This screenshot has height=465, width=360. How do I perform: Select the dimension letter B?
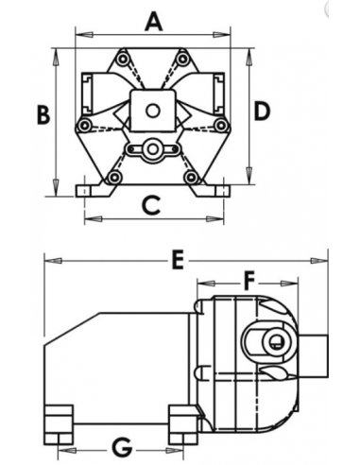click(43, 114)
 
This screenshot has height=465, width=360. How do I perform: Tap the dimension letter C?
click(151, 205)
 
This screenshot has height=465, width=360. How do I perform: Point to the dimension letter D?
click(262, 112)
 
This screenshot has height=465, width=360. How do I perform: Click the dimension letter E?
click(179, 260)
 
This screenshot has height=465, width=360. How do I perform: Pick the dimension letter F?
click(249, 282)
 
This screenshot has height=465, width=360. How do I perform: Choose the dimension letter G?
click(122, 448)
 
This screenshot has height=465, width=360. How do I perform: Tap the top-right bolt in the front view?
click(182, 59)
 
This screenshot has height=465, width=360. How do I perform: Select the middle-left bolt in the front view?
click(84, 126)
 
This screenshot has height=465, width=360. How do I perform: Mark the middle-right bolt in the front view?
click(221, 126)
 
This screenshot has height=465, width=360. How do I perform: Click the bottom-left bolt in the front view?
click(114, 178)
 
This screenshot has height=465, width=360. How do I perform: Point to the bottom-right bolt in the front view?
click(191, 177)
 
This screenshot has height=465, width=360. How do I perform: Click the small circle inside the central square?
click(153, 111)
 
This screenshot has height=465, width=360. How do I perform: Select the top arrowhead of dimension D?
click(249, 58)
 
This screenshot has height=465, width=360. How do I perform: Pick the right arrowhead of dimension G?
click(174, 451)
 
